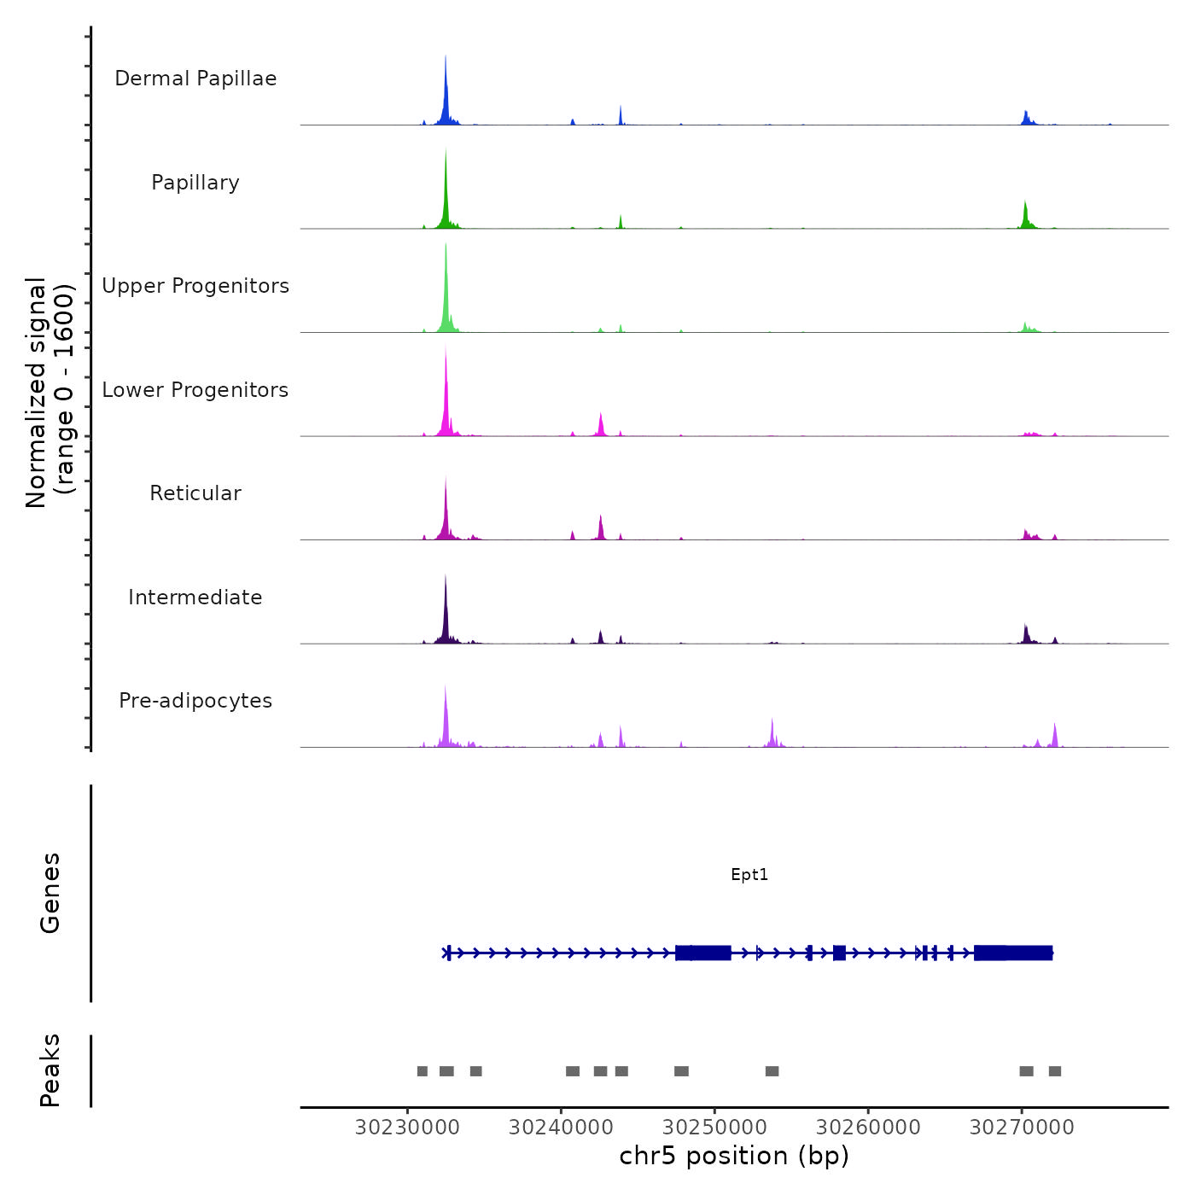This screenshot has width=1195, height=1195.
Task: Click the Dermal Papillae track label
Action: click(195, 79)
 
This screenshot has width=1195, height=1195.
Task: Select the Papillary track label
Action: click(195, 183)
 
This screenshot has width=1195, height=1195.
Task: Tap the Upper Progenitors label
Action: click(195, 286)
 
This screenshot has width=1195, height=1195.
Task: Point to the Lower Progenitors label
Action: click(195, 390)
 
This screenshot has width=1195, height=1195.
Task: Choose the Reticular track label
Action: click(195, 493)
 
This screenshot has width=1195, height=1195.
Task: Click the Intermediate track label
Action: click(195, 597)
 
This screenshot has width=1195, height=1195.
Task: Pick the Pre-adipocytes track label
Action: click(195, 701)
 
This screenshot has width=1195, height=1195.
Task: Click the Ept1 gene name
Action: click(749, 874)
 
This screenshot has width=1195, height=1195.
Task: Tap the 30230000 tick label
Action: click(407, 1127)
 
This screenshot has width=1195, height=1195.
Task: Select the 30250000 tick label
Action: click(714, 1127)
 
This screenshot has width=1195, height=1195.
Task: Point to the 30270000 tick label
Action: click(1022, 1127)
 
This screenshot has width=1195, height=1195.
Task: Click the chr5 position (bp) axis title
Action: click(734, 1156)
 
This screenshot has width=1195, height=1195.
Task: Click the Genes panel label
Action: click(50, 893)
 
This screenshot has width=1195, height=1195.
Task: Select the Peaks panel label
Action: click(50, 1070)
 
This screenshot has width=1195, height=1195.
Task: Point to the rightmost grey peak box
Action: click(1055, 1071)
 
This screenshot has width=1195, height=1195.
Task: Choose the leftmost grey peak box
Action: click(422, 1071)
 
